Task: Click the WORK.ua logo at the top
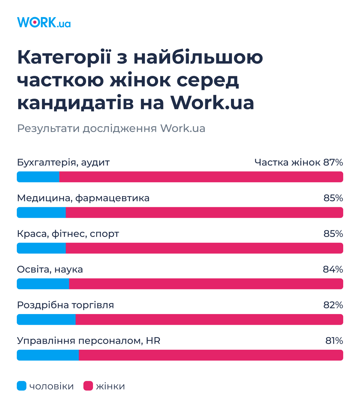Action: pos(44,22)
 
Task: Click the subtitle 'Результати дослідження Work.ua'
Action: pos(111,128)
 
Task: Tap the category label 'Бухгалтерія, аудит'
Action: pos(63,163)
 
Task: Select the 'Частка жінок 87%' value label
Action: pos(298,163)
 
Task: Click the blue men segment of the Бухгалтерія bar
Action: pos(38,177)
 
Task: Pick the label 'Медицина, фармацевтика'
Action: pos(83,198)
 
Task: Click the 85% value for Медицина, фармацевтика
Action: pos(333,198)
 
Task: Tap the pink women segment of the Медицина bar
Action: pos(204,213)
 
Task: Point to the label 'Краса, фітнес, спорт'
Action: pos(68,234)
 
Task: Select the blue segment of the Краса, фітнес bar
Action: pos(41,248)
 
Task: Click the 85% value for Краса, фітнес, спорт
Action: pos(333,234)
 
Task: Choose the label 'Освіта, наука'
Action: pos(50,270)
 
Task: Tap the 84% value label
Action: pos(333,270)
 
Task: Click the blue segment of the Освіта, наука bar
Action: pos(43,284)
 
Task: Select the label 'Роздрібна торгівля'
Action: pos(65,305)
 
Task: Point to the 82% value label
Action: pos(333,305)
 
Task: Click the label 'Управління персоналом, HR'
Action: pos(88,341)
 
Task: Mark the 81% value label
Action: pos(334,341)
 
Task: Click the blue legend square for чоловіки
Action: pos(22,386)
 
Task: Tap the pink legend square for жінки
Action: pos(88,386)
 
